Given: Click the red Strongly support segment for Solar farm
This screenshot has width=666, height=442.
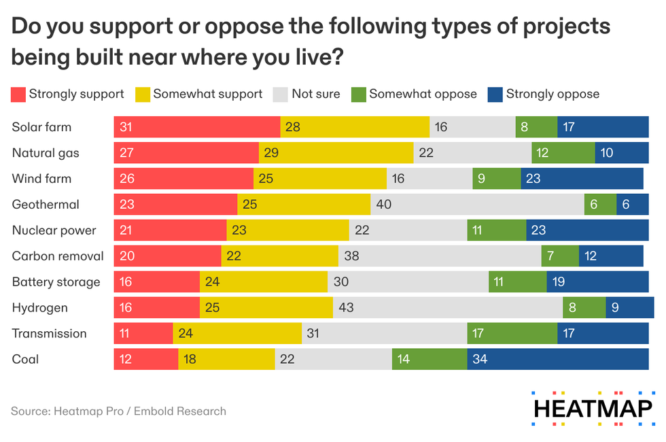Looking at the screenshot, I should pos(197,127).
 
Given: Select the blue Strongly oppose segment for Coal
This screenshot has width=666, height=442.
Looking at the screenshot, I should pos(557,359).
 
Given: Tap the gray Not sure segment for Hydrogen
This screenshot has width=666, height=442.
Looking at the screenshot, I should pos(447,307).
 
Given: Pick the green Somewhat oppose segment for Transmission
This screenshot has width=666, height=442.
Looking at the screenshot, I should pos(512,333).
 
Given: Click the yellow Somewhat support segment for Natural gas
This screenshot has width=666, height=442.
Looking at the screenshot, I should pos(336,153).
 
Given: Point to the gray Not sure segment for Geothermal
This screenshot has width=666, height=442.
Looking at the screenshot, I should pos(477,205).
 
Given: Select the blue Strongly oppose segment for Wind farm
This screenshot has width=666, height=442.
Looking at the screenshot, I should pos(582,179).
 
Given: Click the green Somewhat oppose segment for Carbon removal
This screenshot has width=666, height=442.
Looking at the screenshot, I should pos(559,256).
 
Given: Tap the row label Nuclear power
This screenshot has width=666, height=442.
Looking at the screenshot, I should pos(54,231).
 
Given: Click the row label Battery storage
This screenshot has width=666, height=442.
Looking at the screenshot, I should pos(56,282).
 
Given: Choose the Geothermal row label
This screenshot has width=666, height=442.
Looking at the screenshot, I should pos(46,205).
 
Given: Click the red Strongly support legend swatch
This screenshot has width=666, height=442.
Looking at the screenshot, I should pos(18,94).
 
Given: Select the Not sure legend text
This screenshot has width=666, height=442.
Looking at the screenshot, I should pos(315,94).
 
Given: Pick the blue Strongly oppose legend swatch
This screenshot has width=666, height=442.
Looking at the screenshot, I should pos(495,94).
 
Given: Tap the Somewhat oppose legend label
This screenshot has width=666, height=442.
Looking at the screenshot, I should pos(423,94).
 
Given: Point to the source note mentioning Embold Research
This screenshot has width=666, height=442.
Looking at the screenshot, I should pos(118,411).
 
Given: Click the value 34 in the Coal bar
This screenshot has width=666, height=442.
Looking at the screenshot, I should pos(480,359).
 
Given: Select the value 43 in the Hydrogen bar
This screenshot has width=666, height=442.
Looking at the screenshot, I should pos(346,307).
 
